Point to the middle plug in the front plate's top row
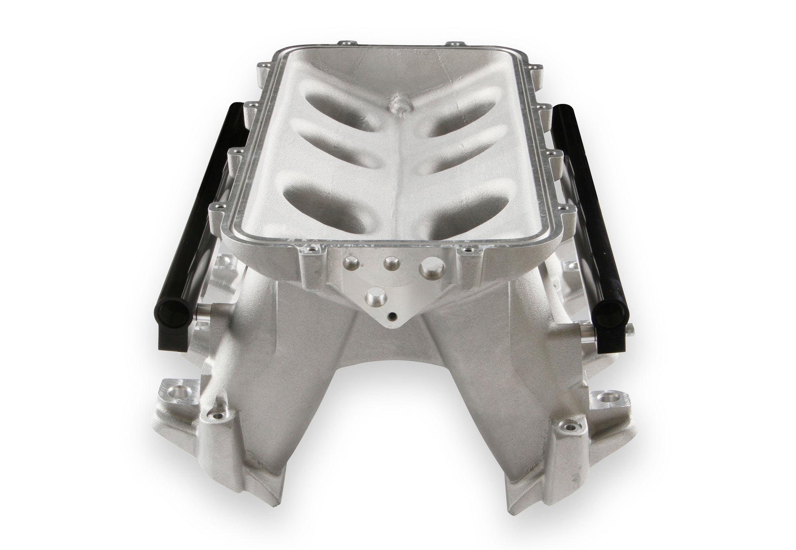pyautogui.click(x=389, y=262)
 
